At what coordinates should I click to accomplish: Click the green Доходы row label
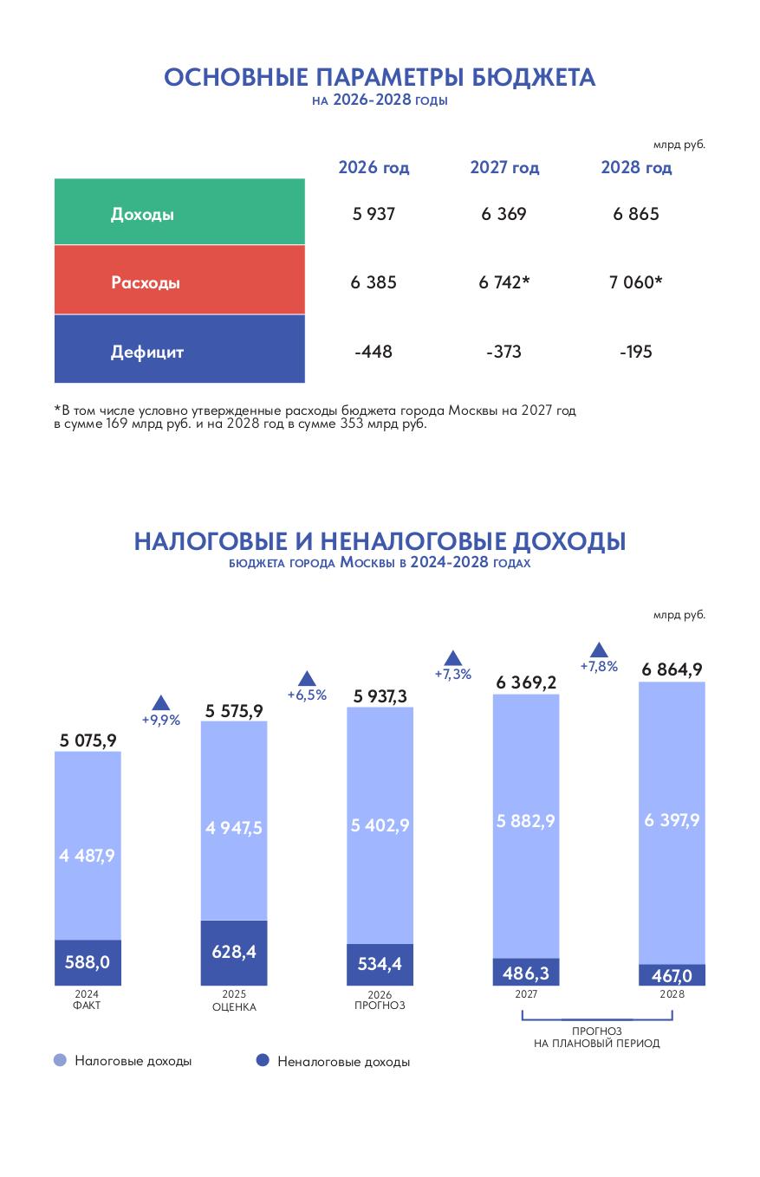click(x=143, y=214)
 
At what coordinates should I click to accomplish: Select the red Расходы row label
click(x=146, y=282)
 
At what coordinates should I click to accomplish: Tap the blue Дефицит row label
click(x=147, y=352)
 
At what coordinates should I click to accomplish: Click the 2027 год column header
click(x=504, y=167)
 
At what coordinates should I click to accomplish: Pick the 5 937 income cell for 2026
click(x=374, y=214)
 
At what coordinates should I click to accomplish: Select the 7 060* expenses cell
click(x=636, y=282)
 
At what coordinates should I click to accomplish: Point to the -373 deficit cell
click(x=504, y=352)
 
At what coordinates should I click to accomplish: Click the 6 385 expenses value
click(x=374, y=282)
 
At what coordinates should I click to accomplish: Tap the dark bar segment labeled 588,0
click(x=88, y=962)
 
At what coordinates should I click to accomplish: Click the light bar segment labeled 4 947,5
click(x=234, y=828)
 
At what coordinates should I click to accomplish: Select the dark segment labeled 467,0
click(x=672, y=975)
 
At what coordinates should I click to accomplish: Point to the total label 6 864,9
click(x=672, y=669)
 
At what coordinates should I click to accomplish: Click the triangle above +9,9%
click(x=160, y=702)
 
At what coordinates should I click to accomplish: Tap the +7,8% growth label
click(x=599, y=666)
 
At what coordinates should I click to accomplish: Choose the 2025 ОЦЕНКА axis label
click(x=234, y=1001)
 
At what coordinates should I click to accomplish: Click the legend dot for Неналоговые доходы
click(x=263, y=1061)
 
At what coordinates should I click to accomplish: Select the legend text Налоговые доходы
click(x=133, y=1061)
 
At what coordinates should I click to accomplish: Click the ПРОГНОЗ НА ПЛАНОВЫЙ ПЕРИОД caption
click(x=597, y=1038)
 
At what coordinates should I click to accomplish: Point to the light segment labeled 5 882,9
click(x=526, y=821)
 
